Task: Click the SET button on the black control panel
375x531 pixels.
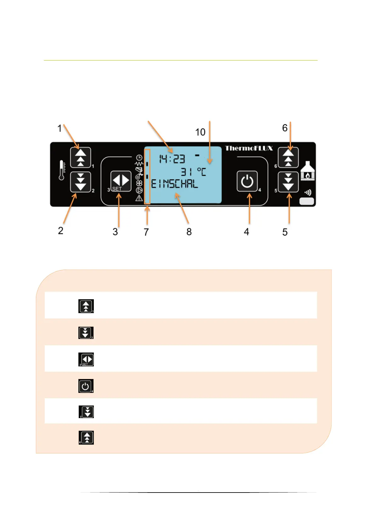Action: pos(121,181)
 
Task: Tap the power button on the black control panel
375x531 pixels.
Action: pos(247,181)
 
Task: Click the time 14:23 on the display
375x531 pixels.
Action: pos(172,159)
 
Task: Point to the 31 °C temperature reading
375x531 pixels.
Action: pos(193,172)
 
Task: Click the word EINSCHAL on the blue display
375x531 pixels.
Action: pos(175,184)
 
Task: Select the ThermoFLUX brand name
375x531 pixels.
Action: pos(249,148)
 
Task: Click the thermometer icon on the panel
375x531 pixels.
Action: pos(62,170)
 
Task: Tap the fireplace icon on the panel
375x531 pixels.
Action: pos(308,171)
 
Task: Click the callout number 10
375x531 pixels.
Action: pos(200,132)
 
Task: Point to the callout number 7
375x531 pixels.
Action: pos(146,232)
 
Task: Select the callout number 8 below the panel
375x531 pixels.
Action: pos(189,232)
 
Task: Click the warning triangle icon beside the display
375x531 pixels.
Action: pos(139,198)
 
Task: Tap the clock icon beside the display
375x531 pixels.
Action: pos(139,157)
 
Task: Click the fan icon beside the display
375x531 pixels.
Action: pos(139,183)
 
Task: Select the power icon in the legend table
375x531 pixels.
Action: pos(86,386)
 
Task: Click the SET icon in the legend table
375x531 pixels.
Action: pos(86,359)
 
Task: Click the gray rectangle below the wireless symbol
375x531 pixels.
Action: pos(307,201)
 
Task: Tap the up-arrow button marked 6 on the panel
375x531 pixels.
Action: pos(288,157)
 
